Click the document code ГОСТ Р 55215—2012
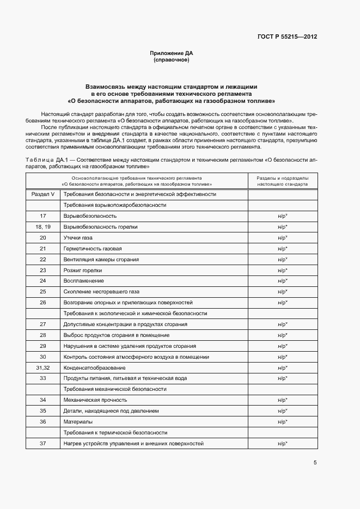point(287,37)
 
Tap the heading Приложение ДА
point(172,53)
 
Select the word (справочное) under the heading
point(172,60)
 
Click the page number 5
point(315,463)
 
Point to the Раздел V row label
point(43,194)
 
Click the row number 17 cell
point(43,216)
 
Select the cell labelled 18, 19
point(43,227)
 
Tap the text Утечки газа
point(78,238)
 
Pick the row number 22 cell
point(43,260)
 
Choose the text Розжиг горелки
point(83,271)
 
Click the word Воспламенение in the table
point(83,281)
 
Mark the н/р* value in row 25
point(282,292)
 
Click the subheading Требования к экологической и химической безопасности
point(135,314)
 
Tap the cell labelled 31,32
point(43,368)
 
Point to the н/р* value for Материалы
point(282,422)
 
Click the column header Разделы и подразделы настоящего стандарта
point(282,181)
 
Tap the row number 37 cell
point(43,444)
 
